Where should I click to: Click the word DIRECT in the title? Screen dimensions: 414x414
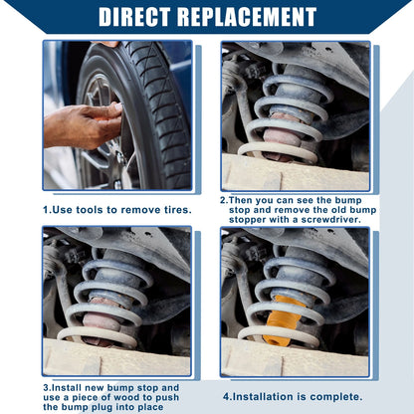[x=134, y=16]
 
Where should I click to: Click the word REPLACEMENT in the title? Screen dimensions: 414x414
[x=247, y=16]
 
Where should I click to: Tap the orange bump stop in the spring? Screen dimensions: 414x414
[x=283, y=320]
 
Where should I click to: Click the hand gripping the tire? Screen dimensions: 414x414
[x=83, y=125]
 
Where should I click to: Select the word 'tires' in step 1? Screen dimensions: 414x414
[x=177, y=210]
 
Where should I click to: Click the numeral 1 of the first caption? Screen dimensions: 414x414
[x=46, y=210]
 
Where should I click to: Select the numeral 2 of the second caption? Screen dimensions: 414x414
[x=223, y=200]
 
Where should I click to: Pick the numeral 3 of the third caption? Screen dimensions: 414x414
[x=46, y=388]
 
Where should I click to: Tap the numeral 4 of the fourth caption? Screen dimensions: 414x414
[x=226, y=397]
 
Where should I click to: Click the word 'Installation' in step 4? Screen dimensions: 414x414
[x=265, y=397]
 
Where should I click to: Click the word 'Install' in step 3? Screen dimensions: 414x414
[x=67, y=388]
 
